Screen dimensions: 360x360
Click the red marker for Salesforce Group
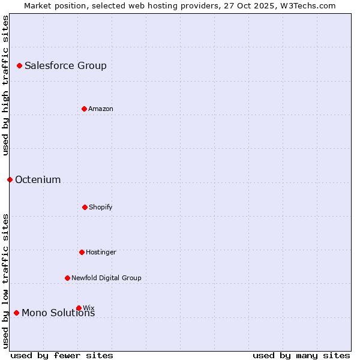coord(19,65)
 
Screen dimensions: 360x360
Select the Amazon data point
coord(84,109)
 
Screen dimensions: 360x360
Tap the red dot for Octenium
coord(10,179)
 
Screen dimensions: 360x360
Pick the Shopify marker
coord(85,207)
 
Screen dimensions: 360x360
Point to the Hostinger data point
coord(82,252)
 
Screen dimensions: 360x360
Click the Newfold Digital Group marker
coord(67,278)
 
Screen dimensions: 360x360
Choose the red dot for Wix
coord(79,308)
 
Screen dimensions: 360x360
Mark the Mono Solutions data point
coord(16,313)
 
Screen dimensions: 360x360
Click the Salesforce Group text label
coord(65,66)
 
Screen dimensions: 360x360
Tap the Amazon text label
coord(101,109)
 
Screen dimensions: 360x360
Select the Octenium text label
coord(38,180)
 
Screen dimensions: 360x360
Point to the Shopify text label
coord(101,208)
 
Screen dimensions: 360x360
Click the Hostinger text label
coord(101,253)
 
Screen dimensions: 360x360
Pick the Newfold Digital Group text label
coord(106,278)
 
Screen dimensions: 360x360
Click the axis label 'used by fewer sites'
coord(62,355)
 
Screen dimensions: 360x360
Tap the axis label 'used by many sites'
coord(301,355)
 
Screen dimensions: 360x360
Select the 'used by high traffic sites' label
coord(5,85)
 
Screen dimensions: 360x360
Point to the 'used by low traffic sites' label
coord(5,281)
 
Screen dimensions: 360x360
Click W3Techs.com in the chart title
coord(308,5)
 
